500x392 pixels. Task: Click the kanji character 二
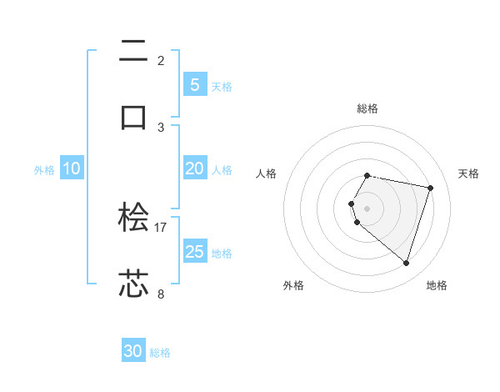pyautogui.click(x=133, y=52)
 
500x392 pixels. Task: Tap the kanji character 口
pyautogui.click(x=133, y=116)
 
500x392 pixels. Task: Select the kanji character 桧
pyautogui.click(x=133, y=218)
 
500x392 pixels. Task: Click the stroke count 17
pyautogui.click(x=161, y=227)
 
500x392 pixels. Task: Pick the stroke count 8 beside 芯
pyautogui.click(x=161, y=294)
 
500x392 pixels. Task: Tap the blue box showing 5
pyautogui.click(x=195, y=84)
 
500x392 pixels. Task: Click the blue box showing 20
pyautogui.click(x=195, y=168)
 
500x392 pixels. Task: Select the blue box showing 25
pyautogui.click(x=195, y=252)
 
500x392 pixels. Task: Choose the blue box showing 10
pyautogui.click(x=72, y=168)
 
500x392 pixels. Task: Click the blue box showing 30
pyautogui.click(x=133, y=351)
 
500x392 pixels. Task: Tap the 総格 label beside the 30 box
pyautogui.click(x=160, y=353)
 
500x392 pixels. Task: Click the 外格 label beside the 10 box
pyautogui.click(x=44, y=170)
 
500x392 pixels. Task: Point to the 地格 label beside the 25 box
pyautogui.click(x=222, y=254)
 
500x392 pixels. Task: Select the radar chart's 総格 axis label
pyautogui.click(x=367, y=108)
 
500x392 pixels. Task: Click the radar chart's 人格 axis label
pyautogui.click(x=267, y=173)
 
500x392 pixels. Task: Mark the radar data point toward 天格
pyautogui.click(x=430, y=188)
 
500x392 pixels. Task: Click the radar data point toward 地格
pyautogui.click(x=406, y=263)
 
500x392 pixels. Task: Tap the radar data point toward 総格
pyautogui.click(x=367, y=175)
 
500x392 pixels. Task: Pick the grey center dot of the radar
pyautogui.click(x=367, y=208)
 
